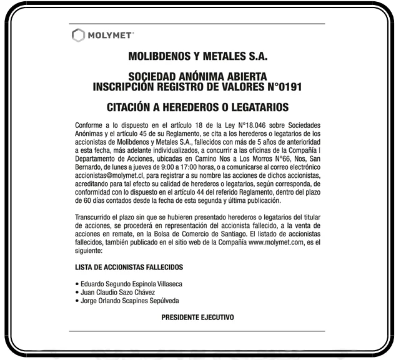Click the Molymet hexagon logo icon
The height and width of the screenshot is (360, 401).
click(x=78, y=35)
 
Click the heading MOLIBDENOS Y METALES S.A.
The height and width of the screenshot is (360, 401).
click(x=197, y=56)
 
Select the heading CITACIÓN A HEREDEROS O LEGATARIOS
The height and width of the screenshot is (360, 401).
click(x=197, y=107)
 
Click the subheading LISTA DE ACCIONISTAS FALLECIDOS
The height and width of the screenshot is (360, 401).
click(x=129, y=267)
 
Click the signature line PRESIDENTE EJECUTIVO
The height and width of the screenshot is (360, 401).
click(x=197, y=318)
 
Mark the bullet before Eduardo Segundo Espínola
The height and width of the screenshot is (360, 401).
click(x=76, y=285)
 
